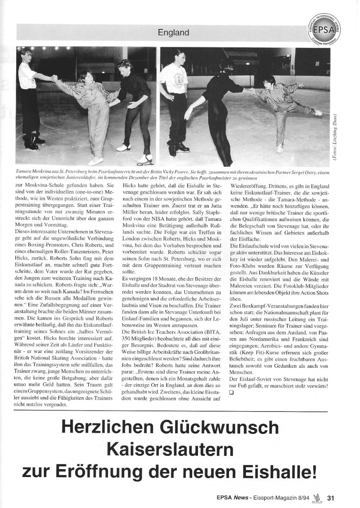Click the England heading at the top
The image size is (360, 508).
[x=174, y=33]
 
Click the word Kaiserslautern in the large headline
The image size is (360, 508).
[x=170, y=449]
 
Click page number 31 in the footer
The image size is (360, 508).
[x=331, y=498]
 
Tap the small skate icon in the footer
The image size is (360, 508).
[x=317, y=498]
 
